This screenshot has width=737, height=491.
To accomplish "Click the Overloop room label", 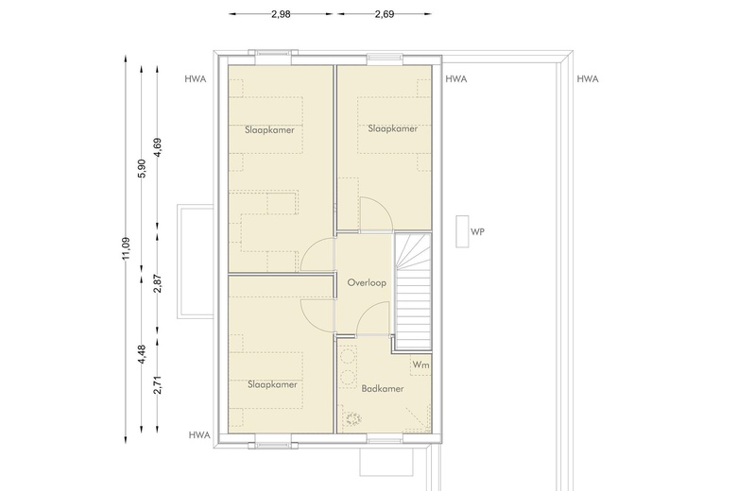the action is click(x=367, y=283).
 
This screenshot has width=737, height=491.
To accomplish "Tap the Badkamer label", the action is click(x=383, y=389).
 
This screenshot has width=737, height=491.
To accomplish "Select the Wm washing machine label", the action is click(x=420, y=364).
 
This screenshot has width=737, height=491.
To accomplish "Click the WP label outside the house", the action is click(x=477, y=231).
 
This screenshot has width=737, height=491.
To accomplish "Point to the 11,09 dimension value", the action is click(x=126, y=249).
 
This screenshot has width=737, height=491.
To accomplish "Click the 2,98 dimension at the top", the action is click(x=281, y=14).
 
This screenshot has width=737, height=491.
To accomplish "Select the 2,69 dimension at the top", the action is click(x=384, y=14).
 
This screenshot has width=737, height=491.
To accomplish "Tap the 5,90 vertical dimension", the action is click(x=142, y=169).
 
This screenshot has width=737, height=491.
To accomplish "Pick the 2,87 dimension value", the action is click(x=158, y=284).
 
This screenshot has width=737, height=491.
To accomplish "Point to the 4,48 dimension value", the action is click(x=142, y=354).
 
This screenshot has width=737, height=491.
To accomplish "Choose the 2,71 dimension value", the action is click(x=158, y=384).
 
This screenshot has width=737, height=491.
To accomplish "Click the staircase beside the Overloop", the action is click(x=413, y=292).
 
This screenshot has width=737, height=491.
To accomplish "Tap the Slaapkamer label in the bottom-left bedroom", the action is click(x=273, y=385).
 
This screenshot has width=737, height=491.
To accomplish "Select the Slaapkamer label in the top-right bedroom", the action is click(x=393, y=128).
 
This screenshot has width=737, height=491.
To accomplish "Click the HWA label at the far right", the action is click(x=588, y=79).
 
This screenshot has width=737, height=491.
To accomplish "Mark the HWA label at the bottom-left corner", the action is click(x=199, y=435).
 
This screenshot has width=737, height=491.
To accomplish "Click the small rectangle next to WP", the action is click(x=462, y=231).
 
